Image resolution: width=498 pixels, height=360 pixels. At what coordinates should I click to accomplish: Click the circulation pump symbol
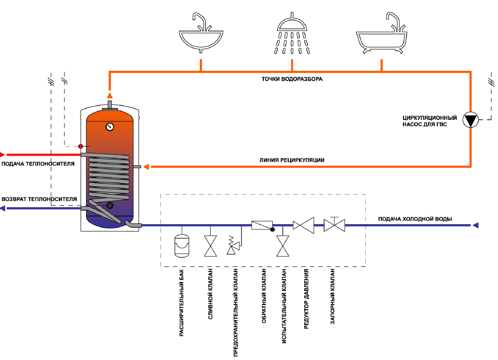[470, 120]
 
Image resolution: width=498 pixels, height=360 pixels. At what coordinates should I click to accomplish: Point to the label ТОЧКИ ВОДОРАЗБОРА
[292, 79]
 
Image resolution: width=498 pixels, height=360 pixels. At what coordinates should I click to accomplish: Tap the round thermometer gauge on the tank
[110, 126]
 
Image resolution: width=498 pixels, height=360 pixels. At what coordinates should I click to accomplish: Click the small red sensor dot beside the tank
[80, 146]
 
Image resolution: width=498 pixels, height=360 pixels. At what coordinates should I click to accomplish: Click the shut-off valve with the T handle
[334, 224]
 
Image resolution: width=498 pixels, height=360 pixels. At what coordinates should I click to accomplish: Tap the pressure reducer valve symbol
[303, 225]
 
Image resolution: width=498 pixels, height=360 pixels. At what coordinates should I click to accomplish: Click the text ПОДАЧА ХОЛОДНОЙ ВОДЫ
[415, 219]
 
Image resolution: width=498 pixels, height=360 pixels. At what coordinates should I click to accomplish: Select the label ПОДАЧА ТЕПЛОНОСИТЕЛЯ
[38, 164]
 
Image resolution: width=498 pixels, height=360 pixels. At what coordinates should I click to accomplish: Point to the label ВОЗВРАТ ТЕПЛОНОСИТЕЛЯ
[39, 199]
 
